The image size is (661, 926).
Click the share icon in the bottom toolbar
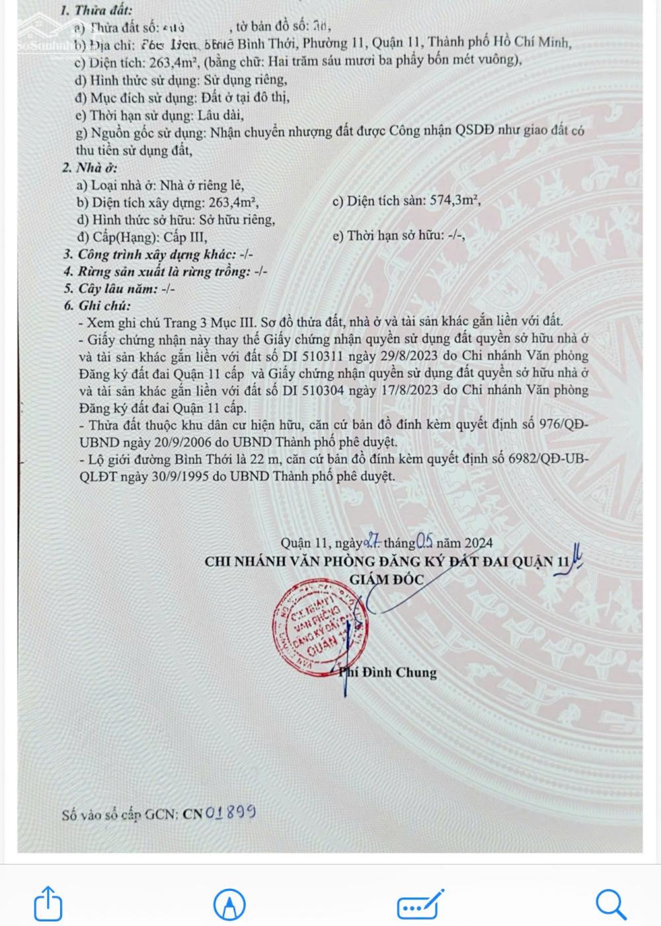(48, 903)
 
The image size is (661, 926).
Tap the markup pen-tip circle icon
(229, 904)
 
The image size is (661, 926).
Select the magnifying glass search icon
(610, 903)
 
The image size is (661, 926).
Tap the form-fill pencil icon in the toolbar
(420, 903)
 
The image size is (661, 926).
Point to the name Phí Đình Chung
(390, 673)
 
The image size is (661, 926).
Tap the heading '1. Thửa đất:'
(96, 11)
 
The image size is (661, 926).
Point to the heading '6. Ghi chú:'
(97, 306)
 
